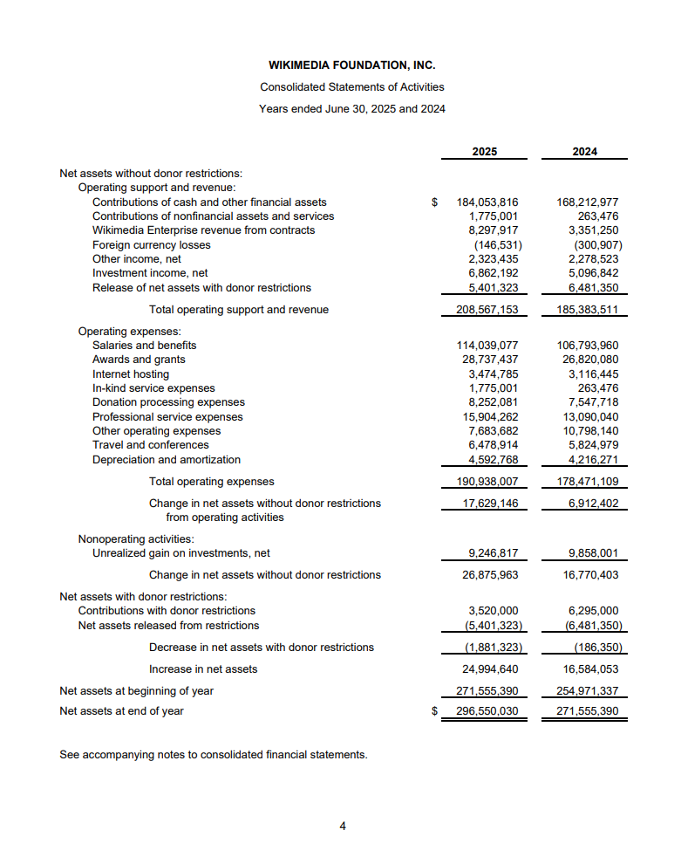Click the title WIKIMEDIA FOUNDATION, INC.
[351, 65]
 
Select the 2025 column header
[485, 152]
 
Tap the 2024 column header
[585, 152]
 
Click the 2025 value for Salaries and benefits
[487, 346]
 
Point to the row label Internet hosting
[131, 374]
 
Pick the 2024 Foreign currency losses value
[593, 244]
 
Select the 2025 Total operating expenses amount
[487, 482]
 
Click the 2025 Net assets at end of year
[487, 711]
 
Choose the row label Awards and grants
[139, 360]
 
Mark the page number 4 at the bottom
[343, 826]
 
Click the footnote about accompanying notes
[213, 754]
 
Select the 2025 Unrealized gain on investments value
[494, 553]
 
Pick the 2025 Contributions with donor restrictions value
[494, 611]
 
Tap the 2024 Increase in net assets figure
[590, 669]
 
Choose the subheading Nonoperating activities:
[136, 538]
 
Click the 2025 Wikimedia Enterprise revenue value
[494, 230]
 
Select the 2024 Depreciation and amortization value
[593, 460]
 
